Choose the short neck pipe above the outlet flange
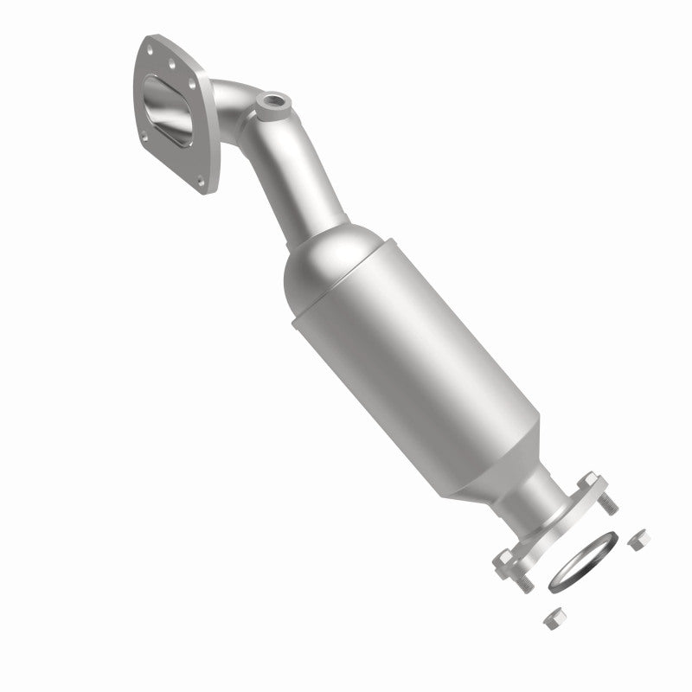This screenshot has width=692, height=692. point(536,497)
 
